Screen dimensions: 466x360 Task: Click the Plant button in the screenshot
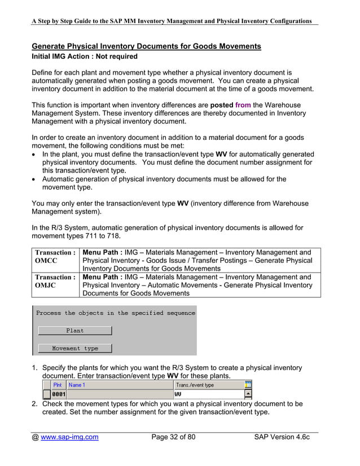point(74,331)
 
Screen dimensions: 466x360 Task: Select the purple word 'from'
point(243,105)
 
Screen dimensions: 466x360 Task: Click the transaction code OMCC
point(46,261)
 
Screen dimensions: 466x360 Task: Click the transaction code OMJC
point(46,286)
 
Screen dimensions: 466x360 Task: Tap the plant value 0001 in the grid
point(59,394)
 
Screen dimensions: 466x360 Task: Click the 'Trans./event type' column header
point(195,385)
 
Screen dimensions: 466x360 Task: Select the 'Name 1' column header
point(77,385)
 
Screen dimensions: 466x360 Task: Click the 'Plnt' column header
point(58,385)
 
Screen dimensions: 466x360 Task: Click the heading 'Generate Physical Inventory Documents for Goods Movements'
point(146,46)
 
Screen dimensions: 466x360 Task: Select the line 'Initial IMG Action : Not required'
point(85,56)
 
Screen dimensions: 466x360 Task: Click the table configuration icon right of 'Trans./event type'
point(248,385)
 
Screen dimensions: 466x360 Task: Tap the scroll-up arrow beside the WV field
point(248,394)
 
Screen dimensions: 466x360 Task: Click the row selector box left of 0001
point(47,394)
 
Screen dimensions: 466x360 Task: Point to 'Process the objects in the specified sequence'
point(116,313)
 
